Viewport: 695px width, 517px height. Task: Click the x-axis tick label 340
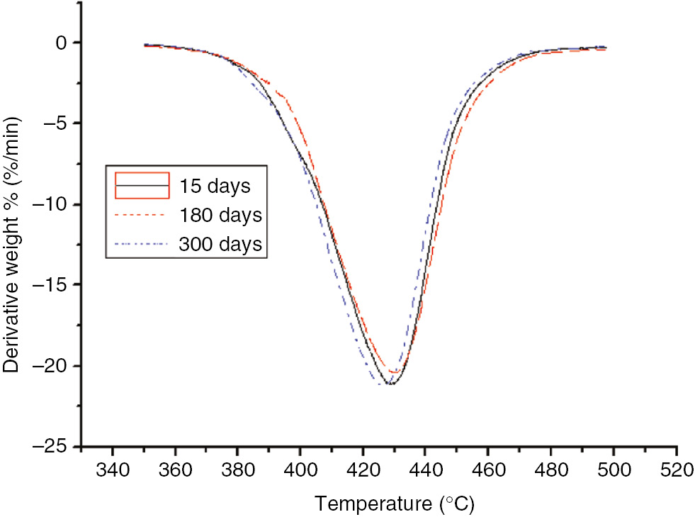[x=112, y=471]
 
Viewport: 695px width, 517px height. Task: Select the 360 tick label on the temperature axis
[x=174, y=471]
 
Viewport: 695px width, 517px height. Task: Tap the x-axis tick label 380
[x=237, y=471]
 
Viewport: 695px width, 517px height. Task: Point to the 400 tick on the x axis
[x=300, y=471]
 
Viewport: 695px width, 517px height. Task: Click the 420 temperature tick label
[x=363, y=471]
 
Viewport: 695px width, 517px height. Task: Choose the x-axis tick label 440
[x=425, y=471]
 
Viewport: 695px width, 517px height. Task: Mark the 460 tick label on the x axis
[x=488, y=471]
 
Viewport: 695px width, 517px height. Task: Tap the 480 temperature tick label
[x=550, y=471]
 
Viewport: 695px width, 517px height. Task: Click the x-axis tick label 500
[x=614, y=471]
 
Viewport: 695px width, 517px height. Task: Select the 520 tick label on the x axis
[x=676, y=471]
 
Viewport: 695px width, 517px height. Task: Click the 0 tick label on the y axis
[x=62, y=43]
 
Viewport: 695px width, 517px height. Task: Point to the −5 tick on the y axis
[x=56, y=123]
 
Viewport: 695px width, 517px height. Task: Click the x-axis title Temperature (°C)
[x=394, y=504]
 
